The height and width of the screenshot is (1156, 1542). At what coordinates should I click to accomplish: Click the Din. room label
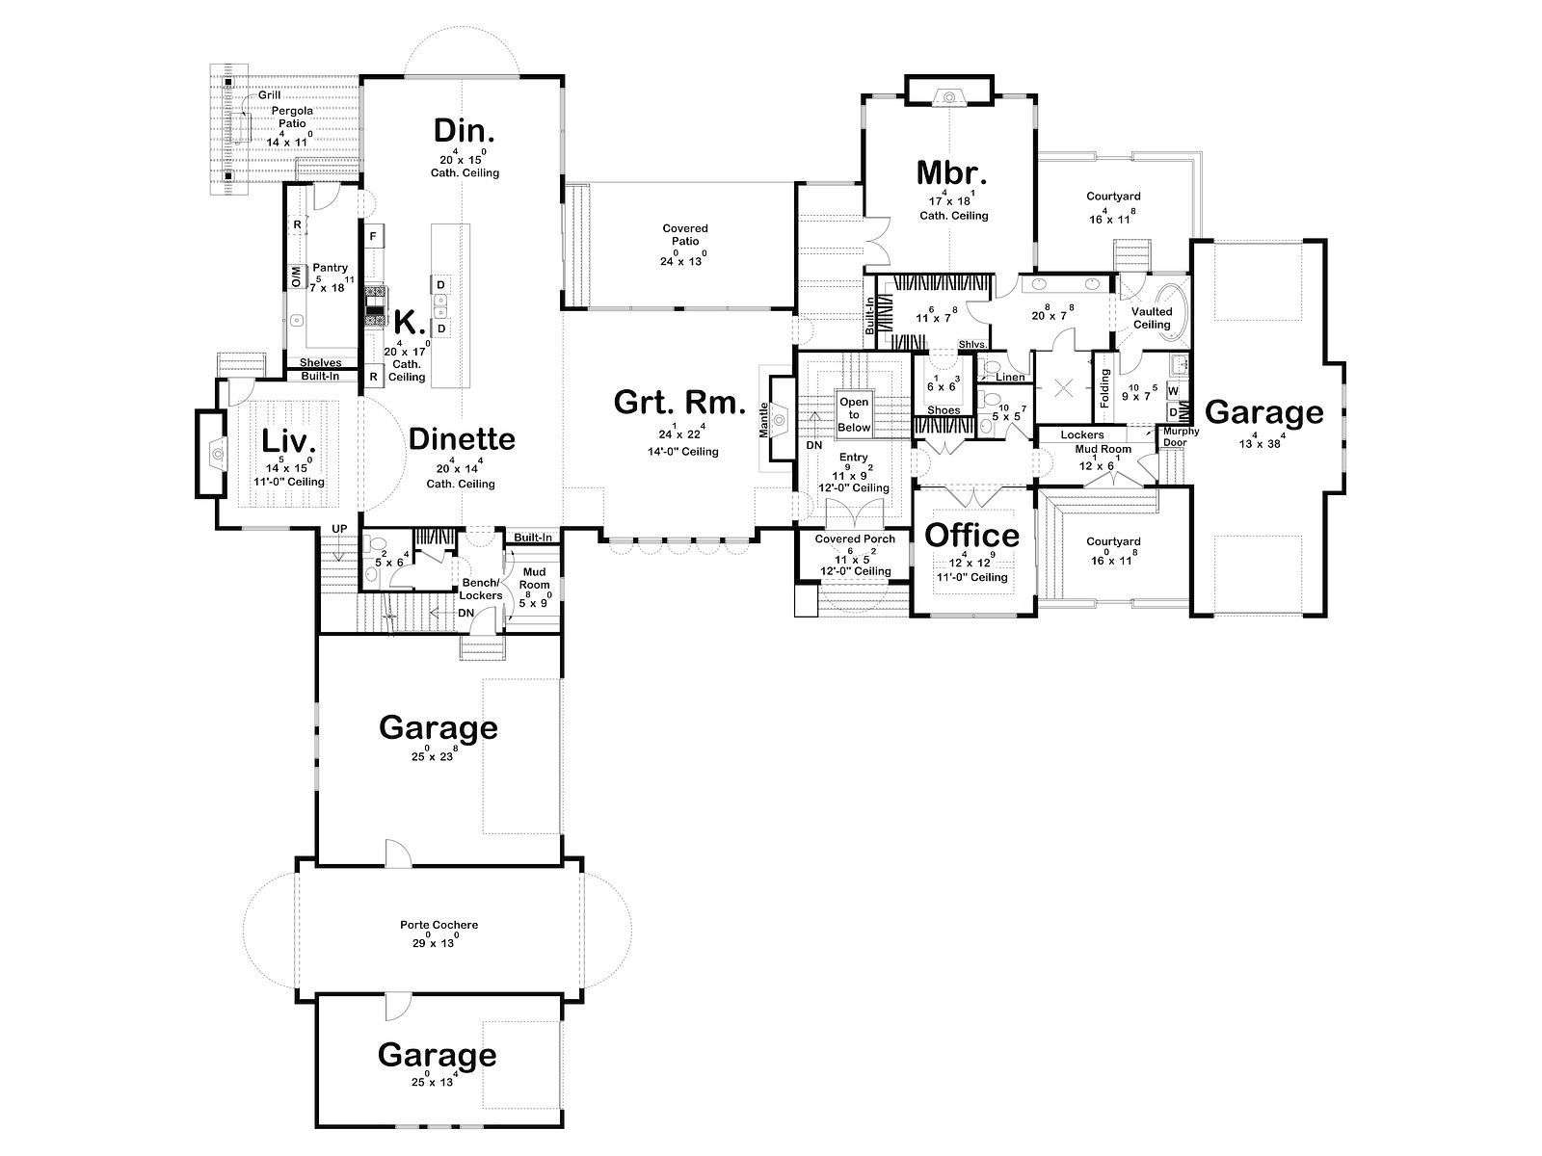(x=464, y=131)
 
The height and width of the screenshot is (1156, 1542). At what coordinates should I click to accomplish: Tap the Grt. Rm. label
(x=678, y=403)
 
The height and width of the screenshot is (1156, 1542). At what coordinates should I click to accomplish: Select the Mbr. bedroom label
(x=952, y=172)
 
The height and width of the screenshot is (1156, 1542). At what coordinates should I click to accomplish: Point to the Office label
(x=971, y=536)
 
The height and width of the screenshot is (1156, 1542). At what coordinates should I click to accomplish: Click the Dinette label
(x=462, y=439)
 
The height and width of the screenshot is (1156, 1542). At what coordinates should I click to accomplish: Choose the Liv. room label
(x=288, y=442)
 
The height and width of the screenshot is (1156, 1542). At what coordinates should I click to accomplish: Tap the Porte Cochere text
(x=439, y=925)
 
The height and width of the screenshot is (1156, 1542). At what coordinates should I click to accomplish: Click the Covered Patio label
(x=685, y=234)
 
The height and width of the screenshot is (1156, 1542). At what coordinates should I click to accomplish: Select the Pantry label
(x=331, y=268)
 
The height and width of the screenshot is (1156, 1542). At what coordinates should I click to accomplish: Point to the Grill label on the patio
(x=269, y=94)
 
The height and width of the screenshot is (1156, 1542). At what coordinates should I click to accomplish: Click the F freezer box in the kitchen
(x=373, y=237)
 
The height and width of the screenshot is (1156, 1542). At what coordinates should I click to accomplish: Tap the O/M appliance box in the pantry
(x=296, y=276)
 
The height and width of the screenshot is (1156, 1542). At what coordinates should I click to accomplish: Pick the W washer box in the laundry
(x=1173, y=390)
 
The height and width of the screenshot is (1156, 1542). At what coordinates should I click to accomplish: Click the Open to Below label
(x=854, y=414)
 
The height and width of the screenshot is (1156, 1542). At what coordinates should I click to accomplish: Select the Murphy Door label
(x=1181, y=436)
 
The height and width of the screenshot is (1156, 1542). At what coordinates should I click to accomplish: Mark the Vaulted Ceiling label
(x=1152, y=318)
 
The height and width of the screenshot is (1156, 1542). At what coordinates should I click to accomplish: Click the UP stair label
(x=339, y=529)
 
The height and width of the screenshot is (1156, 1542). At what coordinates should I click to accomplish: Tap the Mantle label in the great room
(x=763, y=420)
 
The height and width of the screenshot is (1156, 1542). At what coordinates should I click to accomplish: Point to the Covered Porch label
(x=855, y=539)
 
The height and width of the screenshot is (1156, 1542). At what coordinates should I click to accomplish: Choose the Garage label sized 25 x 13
(x=437, y=1055)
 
